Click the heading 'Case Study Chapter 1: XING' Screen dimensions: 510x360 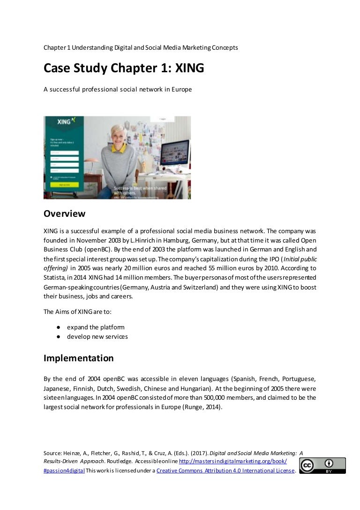click(124, 69)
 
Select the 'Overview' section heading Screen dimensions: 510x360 click(65, 213)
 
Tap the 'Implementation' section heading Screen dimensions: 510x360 click(78, 358)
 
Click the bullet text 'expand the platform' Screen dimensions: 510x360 click(96, 327)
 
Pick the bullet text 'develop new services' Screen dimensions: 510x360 click(97, 336)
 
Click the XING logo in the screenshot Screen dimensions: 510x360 click(66, 122)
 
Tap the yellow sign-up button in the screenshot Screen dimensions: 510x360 click(64, 185)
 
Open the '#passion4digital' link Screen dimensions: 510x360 click(64, 471)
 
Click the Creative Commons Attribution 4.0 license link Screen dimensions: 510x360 click(225, 471)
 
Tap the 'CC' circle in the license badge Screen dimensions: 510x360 click(307, 465)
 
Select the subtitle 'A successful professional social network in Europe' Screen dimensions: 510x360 click(118, 89)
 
